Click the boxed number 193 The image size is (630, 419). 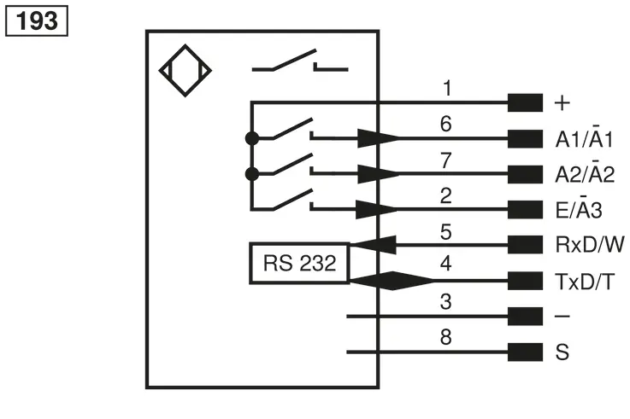(x=37, y=20)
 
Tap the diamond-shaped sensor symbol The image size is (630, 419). (x=185, y=71)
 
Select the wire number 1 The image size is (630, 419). (x=447, y=88)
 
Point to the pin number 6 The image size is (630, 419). (x=446, y=124)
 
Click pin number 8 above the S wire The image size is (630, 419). (x=446, y=337)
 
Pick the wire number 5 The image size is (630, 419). (x=446, y=232)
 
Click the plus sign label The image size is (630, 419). (x=562, y=103)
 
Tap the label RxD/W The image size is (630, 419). (x=590, y=245)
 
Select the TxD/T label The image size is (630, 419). (x=585, y=282)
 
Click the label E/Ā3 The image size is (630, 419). (x=579, y=208)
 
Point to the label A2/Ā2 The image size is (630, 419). (x=585, y=172)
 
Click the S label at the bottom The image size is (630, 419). (x=562, y=352)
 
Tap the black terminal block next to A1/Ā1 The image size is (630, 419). (x=525, y=139)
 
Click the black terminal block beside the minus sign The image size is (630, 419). (x=525, y=317)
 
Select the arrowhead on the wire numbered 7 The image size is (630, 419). (x=378, y=173)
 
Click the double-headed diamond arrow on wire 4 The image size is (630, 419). (x=392, y=281)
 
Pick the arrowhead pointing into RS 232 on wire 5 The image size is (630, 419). (x=374, y=245)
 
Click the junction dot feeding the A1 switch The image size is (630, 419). (x=252, y=139)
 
